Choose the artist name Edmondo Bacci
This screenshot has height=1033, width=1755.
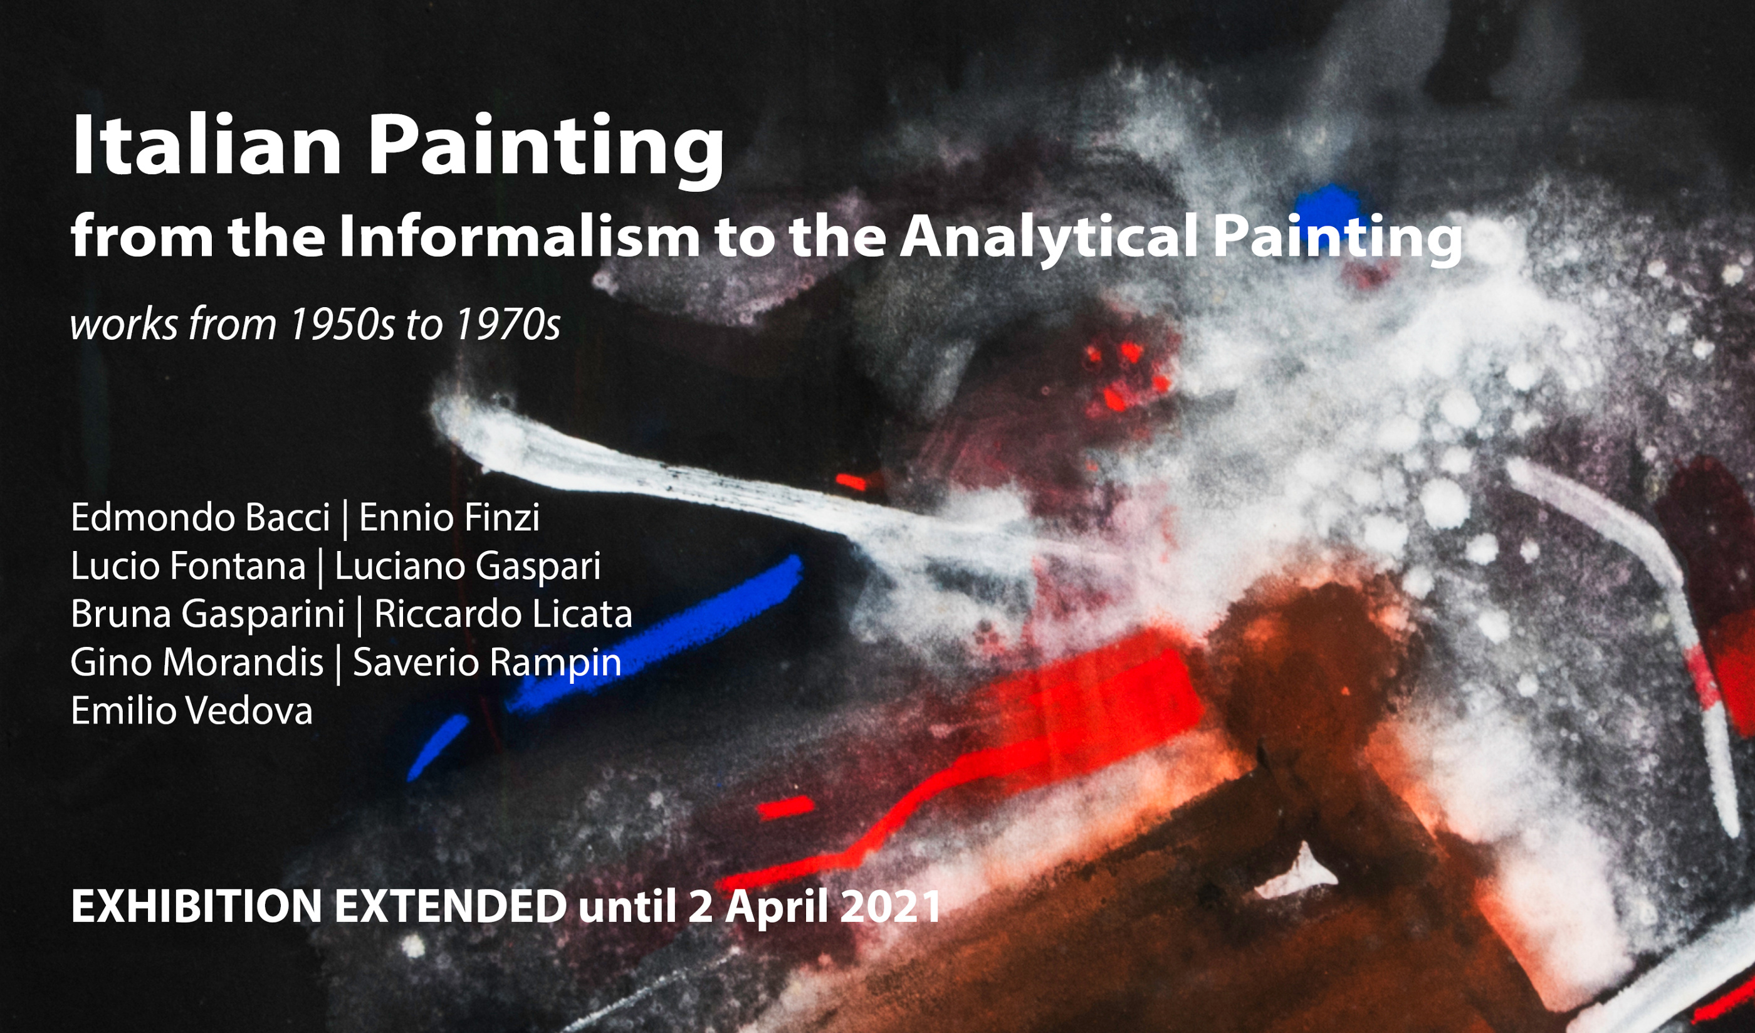pyautogui.click(x=201, y=518)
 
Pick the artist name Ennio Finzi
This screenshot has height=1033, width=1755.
pyautogui.click(x=449, y=518)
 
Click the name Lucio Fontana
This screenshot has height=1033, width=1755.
pyautogui.click(x=188, y=565)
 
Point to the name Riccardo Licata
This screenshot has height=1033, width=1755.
pyautogui.click(x=503, y=614)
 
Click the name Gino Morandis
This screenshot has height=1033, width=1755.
pyautogui.click(x=197, y=663)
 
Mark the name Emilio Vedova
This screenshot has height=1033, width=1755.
pyautogui.click(x=192, y=710)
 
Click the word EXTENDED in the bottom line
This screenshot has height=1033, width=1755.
pyautogui.click(x=451, y=906)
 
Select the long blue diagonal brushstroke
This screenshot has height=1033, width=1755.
pyautogui.click(x=654, y=634)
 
